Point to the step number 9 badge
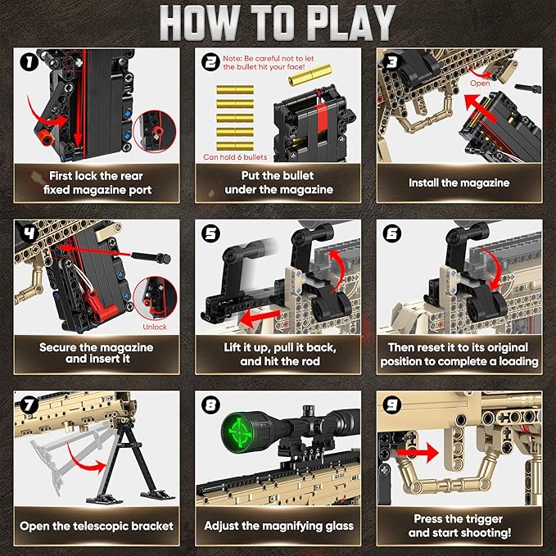click(x=391, y=404)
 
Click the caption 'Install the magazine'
click(x=459, y=183)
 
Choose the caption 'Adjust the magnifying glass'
click(x=278, y=525)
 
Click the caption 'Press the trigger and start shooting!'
click(x=459, y=525)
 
